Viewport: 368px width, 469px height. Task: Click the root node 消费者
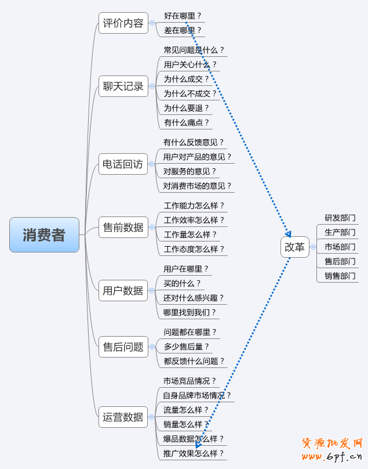[x=44, y=234]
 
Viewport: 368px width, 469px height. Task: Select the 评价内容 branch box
[x=123, y=23]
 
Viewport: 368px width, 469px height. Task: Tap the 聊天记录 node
[x=123, y=86]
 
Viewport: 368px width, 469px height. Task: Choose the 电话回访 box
[x=122, y=164]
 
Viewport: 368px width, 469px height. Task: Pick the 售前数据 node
[x=123, y=227]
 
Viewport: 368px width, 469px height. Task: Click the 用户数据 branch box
[x=123, y=290]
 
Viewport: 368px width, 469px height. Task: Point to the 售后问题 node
[x=123, y=347]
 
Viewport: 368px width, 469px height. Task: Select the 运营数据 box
[x=123, y=417]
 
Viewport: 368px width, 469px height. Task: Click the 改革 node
[x=294, y=247]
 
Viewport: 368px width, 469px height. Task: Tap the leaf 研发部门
[x=340, y=218]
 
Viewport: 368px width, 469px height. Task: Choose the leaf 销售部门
[x=340, y=276]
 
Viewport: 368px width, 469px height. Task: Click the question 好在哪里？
[x=183, y=16]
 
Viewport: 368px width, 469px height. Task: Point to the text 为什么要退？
[x=186, y=107]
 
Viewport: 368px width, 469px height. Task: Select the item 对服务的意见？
[x=190, y=171]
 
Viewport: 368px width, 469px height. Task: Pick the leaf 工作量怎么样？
[x=190, y=234]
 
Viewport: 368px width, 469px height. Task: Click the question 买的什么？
[x=182, y=283]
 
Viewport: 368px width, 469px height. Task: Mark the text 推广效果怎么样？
[x=193, y=453]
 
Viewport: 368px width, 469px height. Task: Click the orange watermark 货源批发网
[x=332, y=443]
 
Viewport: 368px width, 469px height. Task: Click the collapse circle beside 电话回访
[x=152, y=164]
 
